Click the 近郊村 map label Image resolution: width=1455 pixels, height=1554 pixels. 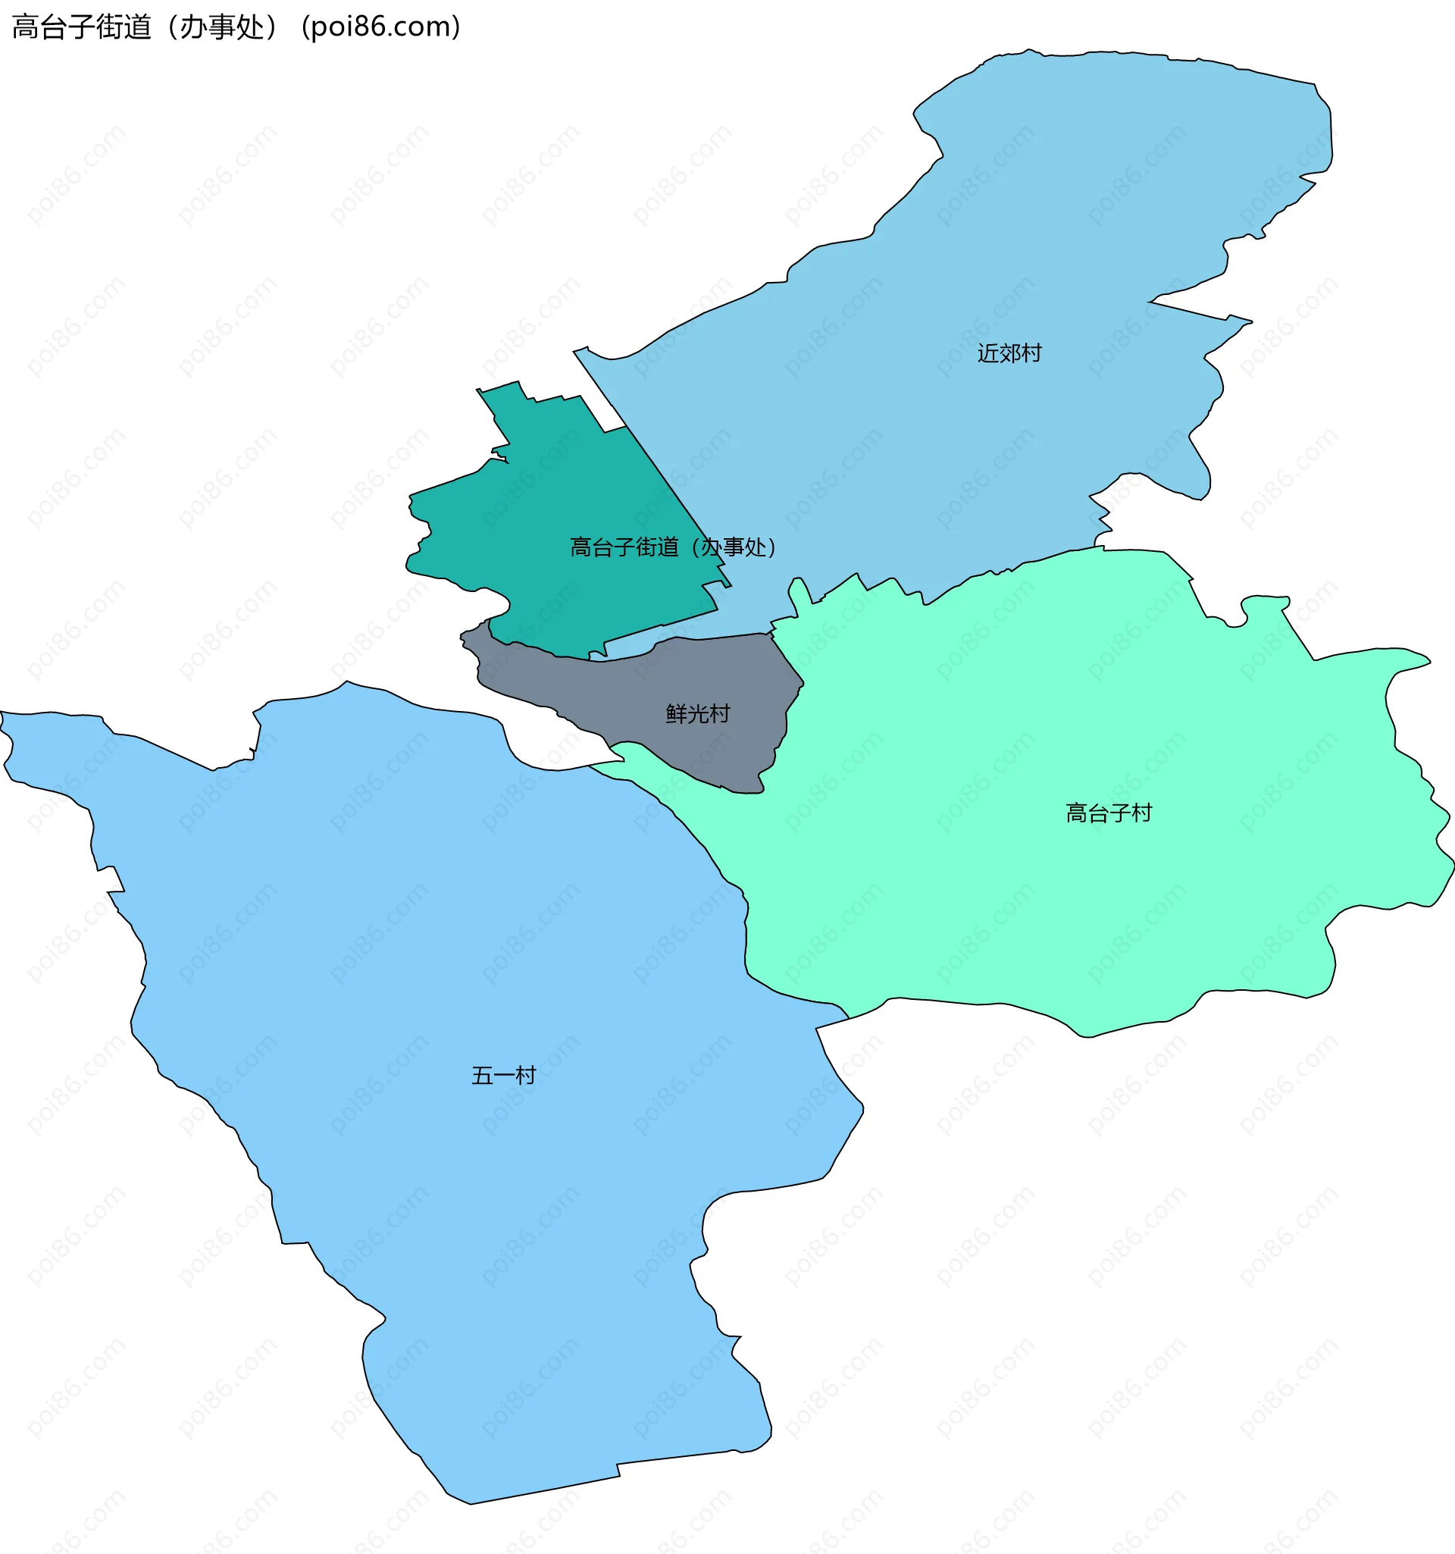[1009, 353]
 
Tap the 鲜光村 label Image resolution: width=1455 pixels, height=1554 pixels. [698, 713]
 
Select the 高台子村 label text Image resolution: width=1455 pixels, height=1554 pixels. [1108, 813]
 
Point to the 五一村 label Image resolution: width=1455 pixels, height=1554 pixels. [503, 1076]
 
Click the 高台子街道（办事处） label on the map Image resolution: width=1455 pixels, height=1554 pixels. [673, 547]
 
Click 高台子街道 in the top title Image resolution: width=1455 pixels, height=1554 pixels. [82, 27]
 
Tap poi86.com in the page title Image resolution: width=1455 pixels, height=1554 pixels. [380, 27]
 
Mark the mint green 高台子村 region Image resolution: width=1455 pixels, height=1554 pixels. [1015, 899]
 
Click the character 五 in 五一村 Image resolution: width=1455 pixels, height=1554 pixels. [482, 1076]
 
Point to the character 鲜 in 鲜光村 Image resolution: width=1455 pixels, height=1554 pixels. [677, 713]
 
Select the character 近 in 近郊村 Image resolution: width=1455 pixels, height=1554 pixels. [987, 353]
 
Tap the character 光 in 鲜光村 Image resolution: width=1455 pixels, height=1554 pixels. [698, 713]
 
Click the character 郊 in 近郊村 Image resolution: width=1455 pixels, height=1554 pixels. [1009, 353]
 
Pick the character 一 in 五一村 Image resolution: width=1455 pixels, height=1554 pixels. [504, 1076]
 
